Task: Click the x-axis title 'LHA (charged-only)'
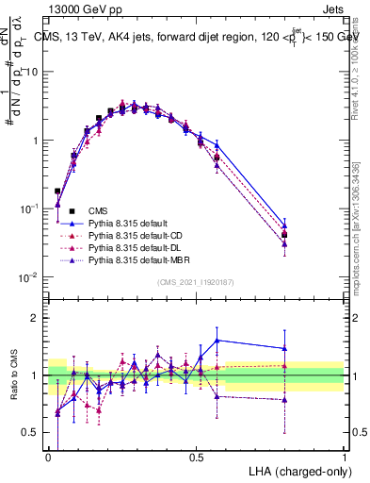(300, 469)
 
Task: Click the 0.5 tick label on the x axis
(196, 456)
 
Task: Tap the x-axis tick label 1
(344, 456)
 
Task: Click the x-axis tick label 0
(48, 456)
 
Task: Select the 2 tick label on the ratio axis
(35, 318)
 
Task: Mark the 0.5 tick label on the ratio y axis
(31, 433)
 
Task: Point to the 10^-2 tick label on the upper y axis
(30, 276)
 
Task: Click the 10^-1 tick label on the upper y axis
(30, 208)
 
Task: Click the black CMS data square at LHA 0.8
(284, 235)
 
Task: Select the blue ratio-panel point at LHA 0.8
(284, 348)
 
